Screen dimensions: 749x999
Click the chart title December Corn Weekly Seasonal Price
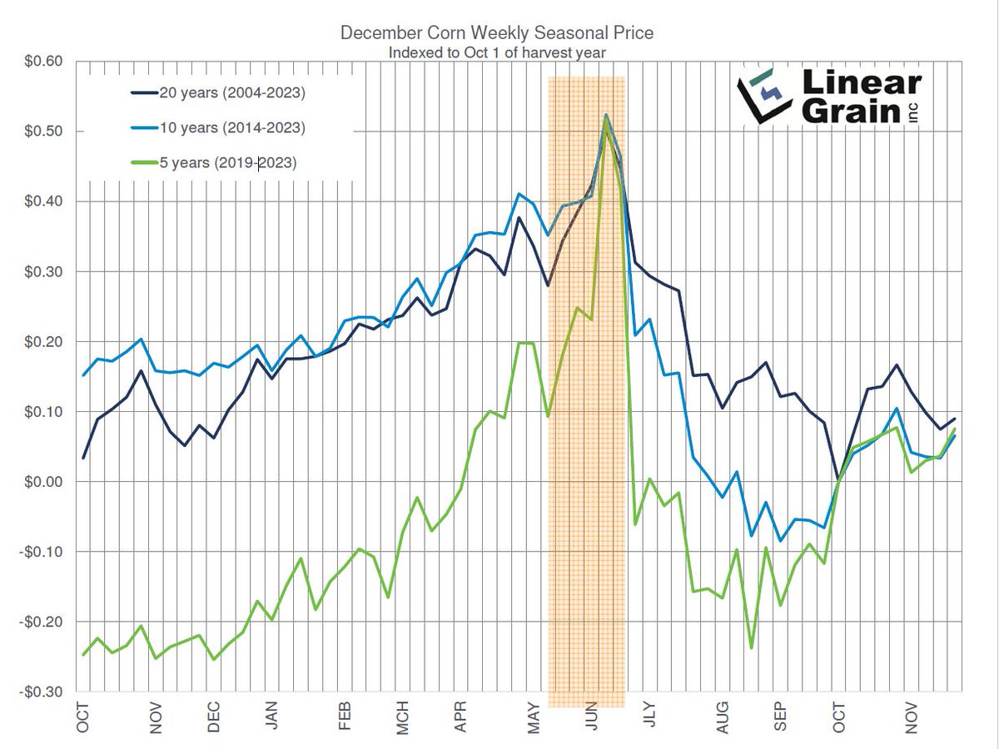[497, 34]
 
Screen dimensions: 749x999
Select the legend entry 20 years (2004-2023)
[232, 93]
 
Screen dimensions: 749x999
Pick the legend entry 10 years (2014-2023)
[232, 128]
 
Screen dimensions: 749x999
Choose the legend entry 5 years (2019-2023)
[228, 163]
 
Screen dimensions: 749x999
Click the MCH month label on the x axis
[403, 718]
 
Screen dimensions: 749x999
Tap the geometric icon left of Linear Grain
[762, 97]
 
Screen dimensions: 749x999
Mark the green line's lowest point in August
[752, 647]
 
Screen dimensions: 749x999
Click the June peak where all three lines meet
[606, 117]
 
